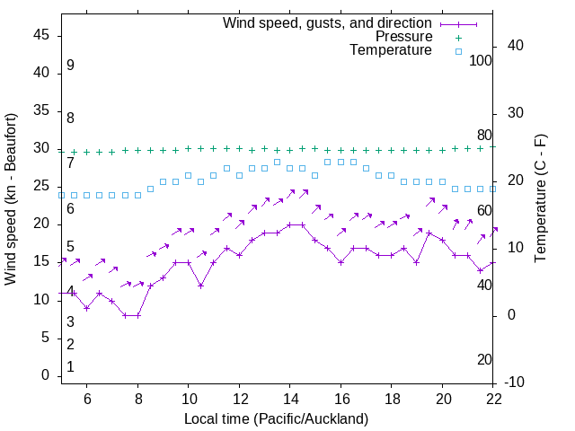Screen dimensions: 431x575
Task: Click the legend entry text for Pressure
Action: click(403, 37)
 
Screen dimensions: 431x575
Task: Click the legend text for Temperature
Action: click(391, 51)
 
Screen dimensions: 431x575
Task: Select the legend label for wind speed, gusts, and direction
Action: click(328, 22)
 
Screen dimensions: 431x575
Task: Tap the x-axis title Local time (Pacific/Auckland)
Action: click(276, 418)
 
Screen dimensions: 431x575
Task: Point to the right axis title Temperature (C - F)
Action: click(540, 199)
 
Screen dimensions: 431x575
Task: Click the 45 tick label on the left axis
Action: click(41, 35)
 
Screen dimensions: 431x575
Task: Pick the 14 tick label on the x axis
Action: click(290, 398)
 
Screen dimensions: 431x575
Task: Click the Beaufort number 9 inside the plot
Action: click(70, 66)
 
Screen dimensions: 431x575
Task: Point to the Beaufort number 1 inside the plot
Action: click(70, 367)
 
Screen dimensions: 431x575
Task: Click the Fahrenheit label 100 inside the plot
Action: click(481, 61)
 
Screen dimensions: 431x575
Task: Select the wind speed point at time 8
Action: click(137, 315)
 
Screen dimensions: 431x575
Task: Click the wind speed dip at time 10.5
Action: click(201, 286)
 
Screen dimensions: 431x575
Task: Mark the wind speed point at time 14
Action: click(290, 224)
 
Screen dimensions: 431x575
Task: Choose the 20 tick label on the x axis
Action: click(443, 398)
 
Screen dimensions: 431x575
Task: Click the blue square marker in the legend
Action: click(457, 51)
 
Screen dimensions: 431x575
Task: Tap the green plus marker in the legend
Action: click(457, 37)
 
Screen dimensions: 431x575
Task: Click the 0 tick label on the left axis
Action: click(46, 375)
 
